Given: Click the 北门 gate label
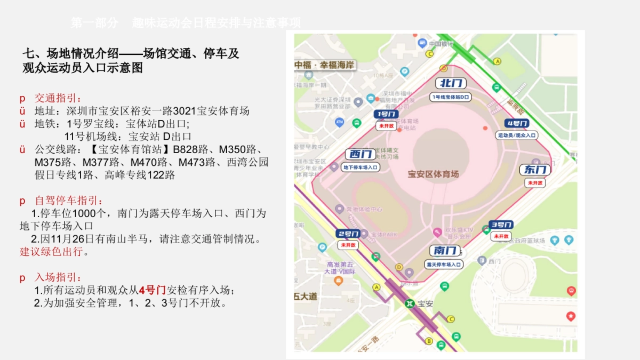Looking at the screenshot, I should [451, 83].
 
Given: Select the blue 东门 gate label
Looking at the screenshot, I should [535, 170].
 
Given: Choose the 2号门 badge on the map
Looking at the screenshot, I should [348, 234].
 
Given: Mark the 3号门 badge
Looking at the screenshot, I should [501, 225].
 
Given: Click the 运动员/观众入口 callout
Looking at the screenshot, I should [517, 135].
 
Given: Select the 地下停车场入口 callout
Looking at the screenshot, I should [361, 167].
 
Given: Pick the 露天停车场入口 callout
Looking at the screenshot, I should [444, 264].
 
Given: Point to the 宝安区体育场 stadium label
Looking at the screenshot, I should [433, 174].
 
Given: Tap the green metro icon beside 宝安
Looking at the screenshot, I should [409, 303].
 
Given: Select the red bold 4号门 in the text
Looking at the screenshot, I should [153, 290].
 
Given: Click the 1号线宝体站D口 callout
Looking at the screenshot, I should [451, 97].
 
